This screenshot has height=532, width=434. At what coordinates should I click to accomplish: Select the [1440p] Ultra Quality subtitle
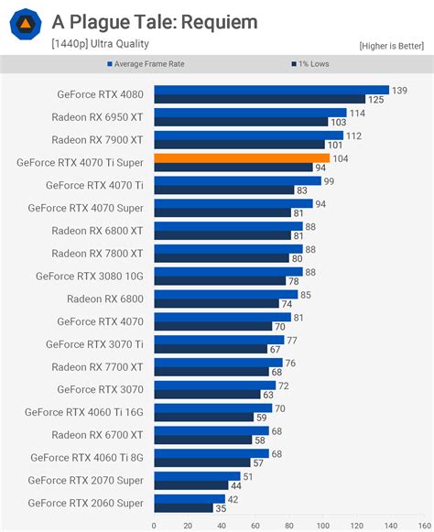pyautogui.click(x=100, y=43)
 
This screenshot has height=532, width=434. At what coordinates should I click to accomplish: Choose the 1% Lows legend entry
pyautogui.click(x=312, y=64)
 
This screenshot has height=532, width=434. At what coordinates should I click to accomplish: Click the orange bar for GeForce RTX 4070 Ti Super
pyautogui.click(x=242, y=158)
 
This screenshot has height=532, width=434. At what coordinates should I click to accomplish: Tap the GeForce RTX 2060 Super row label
pyautogui.click(x=85, y=503)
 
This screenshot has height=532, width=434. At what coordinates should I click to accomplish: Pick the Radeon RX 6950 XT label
pyautogui.click(x=97, y=117)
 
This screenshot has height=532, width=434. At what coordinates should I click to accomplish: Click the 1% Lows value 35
pyautogui.click(x=221, y=507)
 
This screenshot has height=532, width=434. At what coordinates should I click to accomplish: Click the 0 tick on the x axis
pyautogui.click(x=154, y=526)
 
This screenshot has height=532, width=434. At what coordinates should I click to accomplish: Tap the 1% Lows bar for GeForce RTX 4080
pyautogui.click(x=259, y=99)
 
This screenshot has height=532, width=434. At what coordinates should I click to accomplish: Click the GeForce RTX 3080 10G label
pyautogui.click(x=89, y=276)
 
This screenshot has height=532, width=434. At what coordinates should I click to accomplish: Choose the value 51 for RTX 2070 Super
pyautogui.click(x=248, y=476)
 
